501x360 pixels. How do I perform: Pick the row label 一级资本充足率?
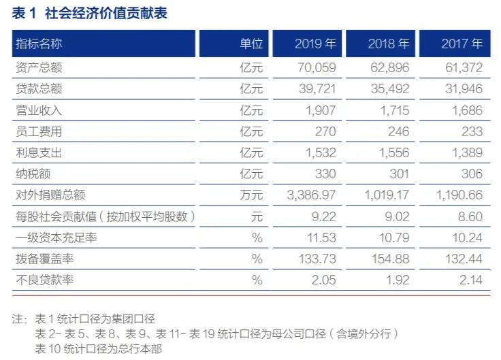pyautogui.click(x=49, y=238)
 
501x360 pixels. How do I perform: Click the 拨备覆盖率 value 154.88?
pyautogui.click(x=392, y=259)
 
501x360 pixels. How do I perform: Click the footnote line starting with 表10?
pyautogui.click(x=99, y=349)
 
